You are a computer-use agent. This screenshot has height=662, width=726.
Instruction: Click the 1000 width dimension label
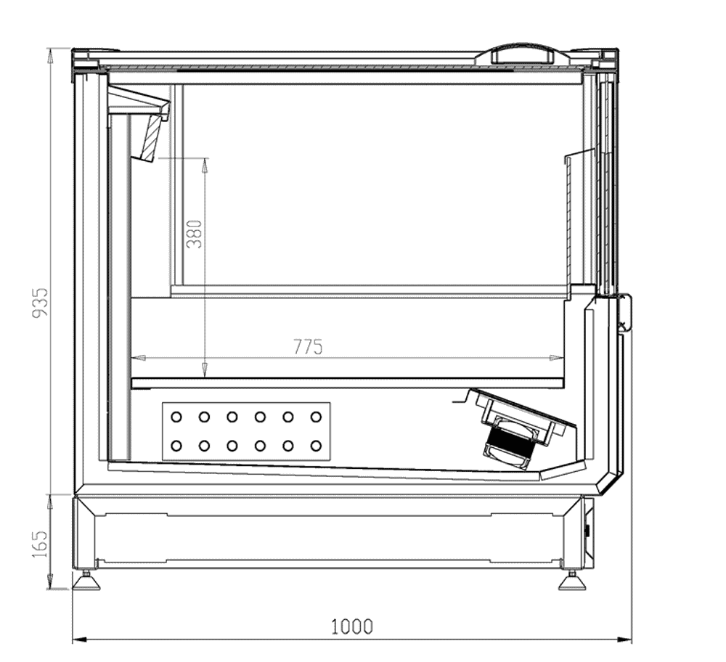click(x=352, y=626)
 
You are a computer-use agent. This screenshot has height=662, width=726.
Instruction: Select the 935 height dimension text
click(x=40, y=303)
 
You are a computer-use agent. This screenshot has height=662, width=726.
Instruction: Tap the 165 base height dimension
click(x=40, y=544)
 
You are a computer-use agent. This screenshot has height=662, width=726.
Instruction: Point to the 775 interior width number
click(x=308, y=347)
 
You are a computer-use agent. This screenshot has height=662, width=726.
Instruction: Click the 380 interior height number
click(x=195, y=234)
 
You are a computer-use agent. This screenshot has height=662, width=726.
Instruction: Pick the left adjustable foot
click(x=86, y=581)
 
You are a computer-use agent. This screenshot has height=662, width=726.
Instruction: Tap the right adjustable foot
click(x=572, y=581)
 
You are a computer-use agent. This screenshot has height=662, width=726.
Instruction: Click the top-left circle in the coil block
click(x=176, y=417)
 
